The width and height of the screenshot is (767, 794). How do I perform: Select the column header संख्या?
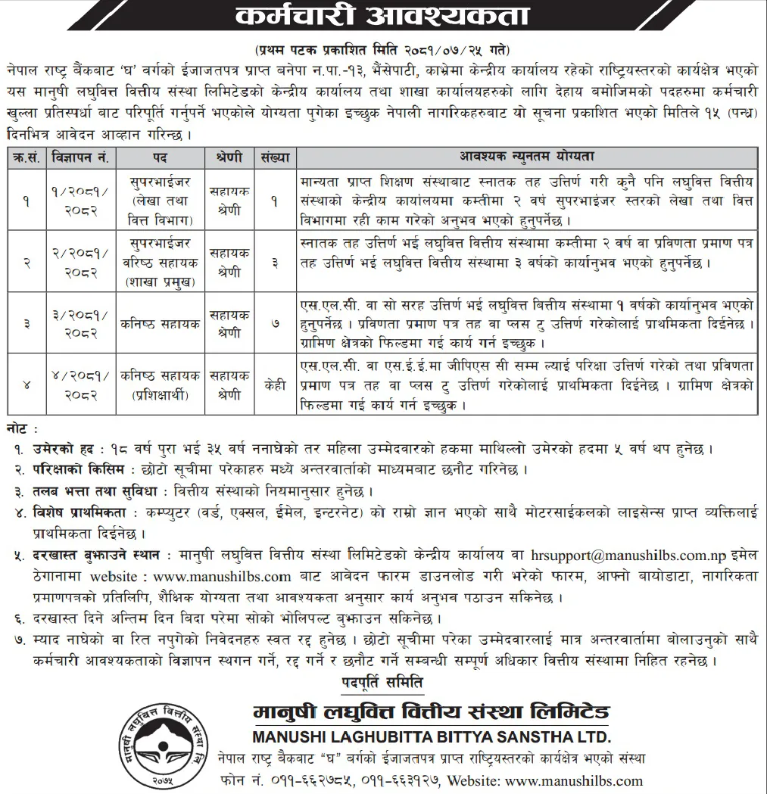click(x=275, y=157)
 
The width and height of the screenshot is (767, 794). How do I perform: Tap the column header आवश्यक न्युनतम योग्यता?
click(x=527, y=157)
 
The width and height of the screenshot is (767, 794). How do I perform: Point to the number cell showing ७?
click(x=275, y=323)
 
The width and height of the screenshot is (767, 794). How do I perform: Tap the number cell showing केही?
click(x=275, y=385)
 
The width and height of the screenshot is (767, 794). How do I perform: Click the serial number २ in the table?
click(x=26, y=262)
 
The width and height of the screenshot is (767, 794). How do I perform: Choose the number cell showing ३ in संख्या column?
click(x=275, y=262)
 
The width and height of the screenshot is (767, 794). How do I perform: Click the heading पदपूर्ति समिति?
click(x=382, y=683)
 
